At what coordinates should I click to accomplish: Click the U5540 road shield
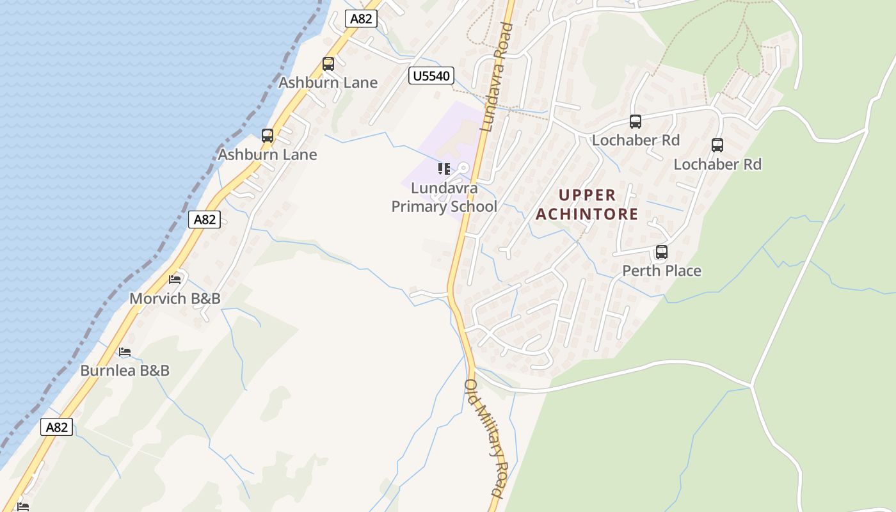click(431, 76)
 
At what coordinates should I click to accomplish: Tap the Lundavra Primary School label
click(444, 197)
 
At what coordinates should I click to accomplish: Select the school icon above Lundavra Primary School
click(444, 169)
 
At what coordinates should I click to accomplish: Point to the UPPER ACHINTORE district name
click(587, 204)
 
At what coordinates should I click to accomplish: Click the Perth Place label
click(662, 271)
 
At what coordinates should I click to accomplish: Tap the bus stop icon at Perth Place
click(662, 252)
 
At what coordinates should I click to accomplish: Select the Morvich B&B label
click(175, 298)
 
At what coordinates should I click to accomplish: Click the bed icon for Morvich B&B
click(175, 279)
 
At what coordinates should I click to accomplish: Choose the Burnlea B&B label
click(125, 370)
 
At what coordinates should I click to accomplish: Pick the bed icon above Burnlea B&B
click(125, 352)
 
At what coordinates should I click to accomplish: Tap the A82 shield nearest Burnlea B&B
click(56, 427)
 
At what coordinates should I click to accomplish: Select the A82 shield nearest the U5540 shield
click(361, 19)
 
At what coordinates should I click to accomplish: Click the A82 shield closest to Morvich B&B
click(205, 220)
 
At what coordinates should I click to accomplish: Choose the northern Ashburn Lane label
click(328, 83)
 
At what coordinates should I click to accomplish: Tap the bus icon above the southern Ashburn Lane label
click(268, 136)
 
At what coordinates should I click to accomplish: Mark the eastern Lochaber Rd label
click(717, 164)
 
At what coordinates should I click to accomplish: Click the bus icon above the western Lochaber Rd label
click(635, 122)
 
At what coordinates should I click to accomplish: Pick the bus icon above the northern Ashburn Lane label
click(328, 64)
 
